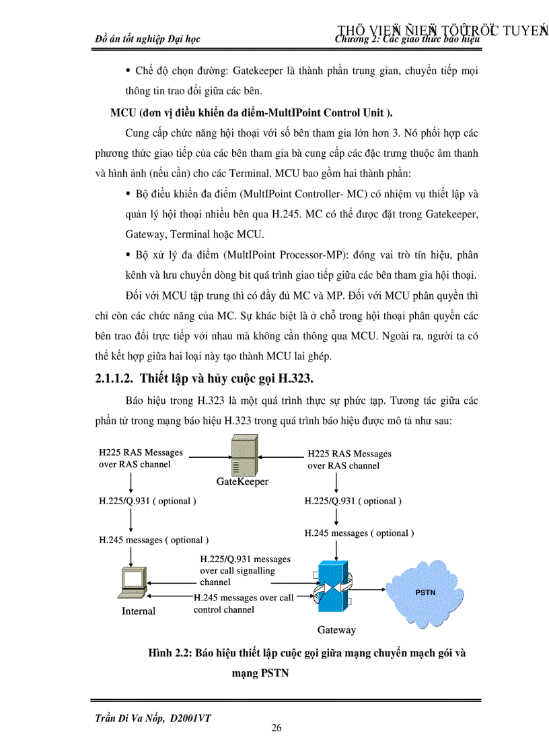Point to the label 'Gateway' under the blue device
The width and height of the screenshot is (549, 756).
(x=336, y=630)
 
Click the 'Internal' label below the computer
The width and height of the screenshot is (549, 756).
(x=139, y=611)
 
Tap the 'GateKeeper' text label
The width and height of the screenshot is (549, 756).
(x=242, y=481)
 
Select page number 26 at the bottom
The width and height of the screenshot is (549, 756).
(x=276, y=728)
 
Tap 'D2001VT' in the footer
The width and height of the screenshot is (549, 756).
(x=191, y=718)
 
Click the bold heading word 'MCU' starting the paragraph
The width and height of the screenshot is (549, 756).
(x=122, y=112)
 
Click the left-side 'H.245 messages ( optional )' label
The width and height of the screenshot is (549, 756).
(x=153, y=540)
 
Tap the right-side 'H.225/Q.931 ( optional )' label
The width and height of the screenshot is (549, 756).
(x=353, y=501)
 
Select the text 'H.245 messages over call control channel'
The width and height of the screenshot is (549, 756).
(x=243, y=603)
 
